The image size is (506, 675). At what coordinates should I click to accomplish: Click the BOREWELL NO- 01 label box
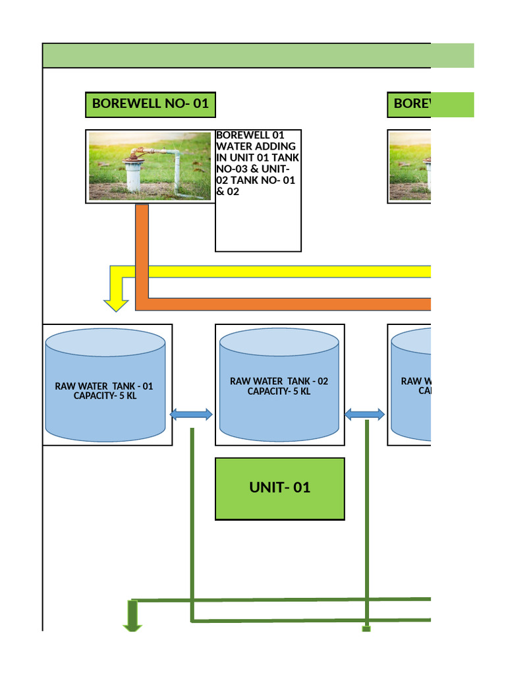pyautogui.click(x=150, y=105)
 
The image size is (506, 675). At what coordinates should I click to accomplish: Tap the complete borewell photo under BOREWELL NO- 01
pyautogui.click(x=150, y=166)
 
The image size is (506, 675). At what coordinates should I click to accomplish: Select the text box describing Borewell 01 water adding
pyautogui.click(x=258, y=191)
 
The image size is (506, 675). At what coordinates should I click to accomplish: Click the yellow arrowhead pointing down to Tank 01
pyautogui.click(x=117, y=303)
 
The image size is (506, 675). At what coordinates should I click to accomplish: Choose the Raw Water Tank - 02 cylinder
pyautogui.click(x=279, y=385)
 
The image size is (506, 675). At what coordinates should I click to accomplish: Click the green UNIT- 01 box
pyautogui.click(x=279, y=488)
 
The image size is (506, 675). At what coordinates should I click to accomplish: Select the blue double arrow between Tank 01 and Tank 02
pyautogui.click(x=191, y=415)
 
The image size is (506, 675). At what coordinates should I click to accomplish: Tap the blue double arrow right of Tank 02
pyautogui.click(x=365, y=415)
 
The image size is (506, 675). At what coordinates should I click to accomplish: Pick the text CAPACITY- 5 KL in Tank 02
pyautogui.click(x=279, y=392)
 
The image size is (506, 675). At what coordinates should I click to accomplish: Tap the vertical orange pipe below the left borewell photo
pyautogui.click(x=142, y=250)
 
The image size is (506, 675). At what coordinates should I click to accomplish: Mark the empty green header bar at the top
pyautogui.click(x=258, y=55)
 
